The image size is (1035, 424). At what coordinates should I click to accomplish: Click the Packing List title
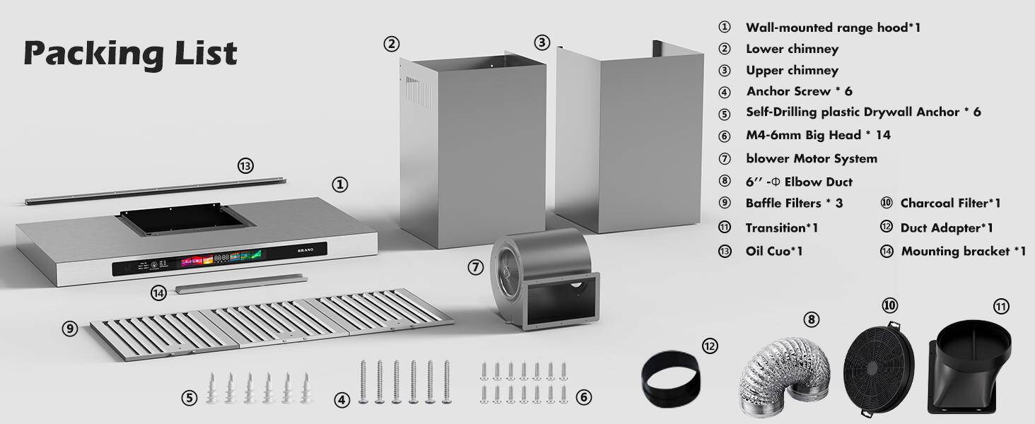click(130, 54)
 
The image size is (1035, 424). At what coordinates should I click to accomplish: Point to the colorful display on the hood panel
click(218, 259)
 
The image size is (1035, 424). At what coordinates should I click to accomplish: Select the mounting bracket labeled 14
click(240, 284)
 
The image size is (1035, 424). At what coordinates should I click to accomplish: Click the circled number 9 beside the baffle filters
click(69, 329)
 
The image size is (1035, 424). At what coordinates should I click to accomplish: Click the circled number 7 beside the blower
click(476, 268)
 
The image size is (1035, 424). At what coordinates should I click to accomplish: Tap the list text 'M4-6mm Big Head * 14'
click(813, 136)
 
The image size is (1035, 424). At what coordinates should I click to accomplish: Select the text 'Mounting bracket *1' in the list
click(963, 252)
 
